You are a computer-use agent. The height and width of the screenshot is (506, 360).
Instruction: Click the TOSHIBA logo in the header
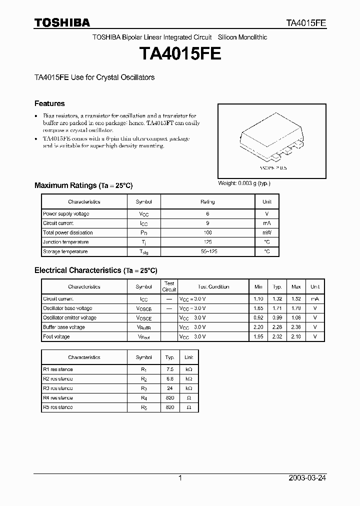61,22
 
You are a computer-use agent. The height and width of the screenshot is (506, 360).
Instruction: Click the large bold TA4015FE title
180,54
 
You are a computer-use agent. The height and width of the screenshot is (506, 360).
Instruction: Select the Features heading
49,103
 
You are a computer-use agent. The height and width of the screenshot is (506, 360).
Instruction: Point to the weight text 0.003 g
244,183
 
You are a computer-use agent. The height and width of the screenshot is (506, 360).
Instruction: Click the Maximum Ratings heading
83,185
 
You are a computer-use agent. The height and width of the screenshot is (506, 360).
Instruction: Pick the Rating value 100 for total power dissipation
207,232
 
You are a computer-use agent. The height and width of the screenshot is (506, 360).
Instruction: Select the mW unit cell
267,232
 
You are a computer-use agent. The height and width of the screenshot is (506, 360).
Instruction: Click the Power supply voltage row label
66,213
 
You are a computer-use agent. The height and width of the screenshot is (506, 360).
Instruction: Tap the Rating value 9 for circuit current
207,223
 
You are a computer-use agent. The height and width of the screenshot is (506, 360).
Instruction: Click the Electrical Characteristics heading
95,270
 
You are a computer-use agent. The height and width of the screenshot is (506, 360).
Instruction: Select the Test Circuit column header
169,286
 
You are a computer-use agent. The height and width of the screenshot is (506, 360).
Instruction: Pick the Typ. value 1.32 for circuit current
277,299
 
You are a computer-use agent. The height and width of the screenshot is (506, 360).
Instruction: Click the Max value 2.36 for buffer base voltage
296,327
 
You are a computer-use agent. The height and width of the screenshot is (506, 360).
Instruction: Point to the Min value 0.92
258,318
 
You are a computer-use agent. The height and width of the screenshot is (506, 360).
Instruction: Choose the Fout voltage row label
56,337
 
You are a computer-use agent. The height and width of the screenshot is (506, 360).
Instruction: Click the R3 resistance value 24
169,388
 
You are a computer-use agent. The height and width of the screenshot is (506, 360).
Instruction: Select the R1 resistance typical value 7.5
169,369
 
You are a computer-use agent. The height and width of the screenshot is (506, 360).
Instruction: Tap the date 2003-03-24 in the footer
307,478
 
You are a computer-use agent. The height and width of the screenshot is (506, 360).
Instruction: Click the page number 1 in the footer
180,478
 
